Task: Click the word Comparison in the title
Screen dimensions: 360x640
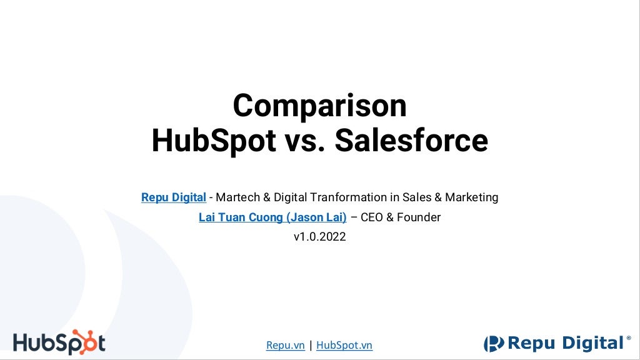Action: tap(319, 106)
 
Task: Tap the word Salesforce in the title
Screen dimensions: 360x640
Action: tap(411, 141)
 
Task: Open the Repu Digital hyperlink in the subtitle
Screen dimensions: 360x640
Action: tap(174, 197)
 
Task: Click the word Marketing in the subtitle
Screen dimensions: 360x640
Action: tap(472, 197)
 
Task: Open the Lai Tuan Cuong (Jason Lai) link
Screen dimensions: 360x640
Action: tap(272, 217)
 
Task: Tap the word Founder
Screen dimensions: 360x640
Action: tap(419, 217)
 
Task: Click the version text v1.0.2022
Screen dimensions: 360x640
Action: tap(319, 237)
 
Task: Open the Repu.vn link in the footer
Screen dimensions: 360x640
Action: tap(286, 345)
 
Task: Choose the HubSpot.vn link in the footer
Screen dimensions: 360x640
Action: tap(344, 345)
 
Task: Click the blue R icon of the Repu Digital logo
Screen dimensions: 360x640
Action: tap(494, 343)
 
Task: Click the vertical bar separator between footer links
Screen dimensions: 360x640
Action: tap(311, 345)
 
